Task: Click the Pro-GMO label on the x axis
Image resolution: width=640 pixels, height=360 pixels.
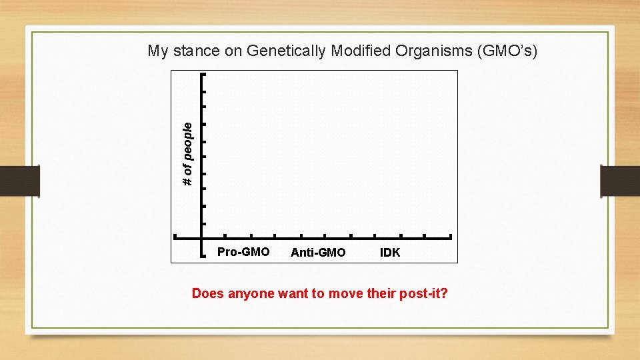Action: [x=243, y=252]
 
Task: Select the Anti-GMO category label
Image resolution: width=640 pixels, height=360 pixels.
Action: [x=318, y=253]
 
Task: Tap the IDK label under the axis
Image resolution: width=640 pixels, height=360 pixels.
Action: [x=390, y=253]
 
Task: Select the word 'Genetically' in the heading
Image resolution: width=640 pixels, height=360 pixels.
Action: [x=285, y=51]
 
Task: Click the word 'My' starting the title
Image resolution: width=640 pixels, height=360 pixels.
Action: [x=157, y=51]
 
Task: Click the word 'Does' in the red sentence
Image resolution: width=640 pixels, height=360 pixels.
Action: [x=207, y=293]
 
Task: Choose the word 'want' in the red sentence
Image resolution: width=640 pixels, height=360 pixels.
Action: [x=294, y=293]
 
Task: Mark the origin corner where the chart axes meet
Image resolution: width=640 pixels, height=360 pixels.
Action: [x=201, y=237]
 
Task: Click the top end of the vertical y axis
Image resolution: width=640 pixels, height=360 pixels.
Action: [x=201, y=74]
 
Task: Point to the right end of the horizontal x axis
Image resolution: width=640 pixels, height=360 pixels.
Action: [x=451, y=237]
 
